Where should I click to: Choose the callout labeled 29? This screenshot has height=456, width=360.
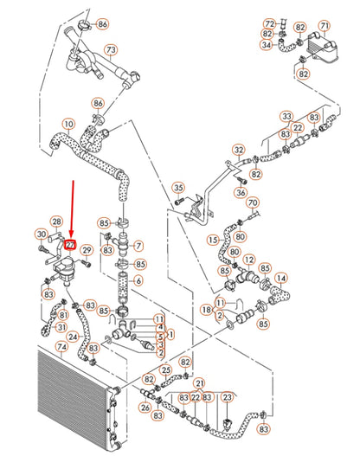pyautogui.click(x=87, y=250)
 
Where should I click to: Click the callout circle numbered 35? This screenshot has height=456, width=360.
pyautogui.click(x=178, y=188)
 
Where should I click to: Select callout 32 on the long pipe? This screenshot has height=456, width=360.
pyautogui.click(x=237, y=150)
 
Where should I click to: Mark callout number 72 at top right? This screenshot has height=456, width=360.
pyautogui.click(x=269, y=23)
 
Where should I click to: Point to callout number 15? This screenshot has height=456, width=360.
pyautogui.click(x=212, y=240)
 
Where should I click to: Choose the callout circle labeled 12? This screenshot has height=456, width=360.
pyautogui.click(x=250, y=260)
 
